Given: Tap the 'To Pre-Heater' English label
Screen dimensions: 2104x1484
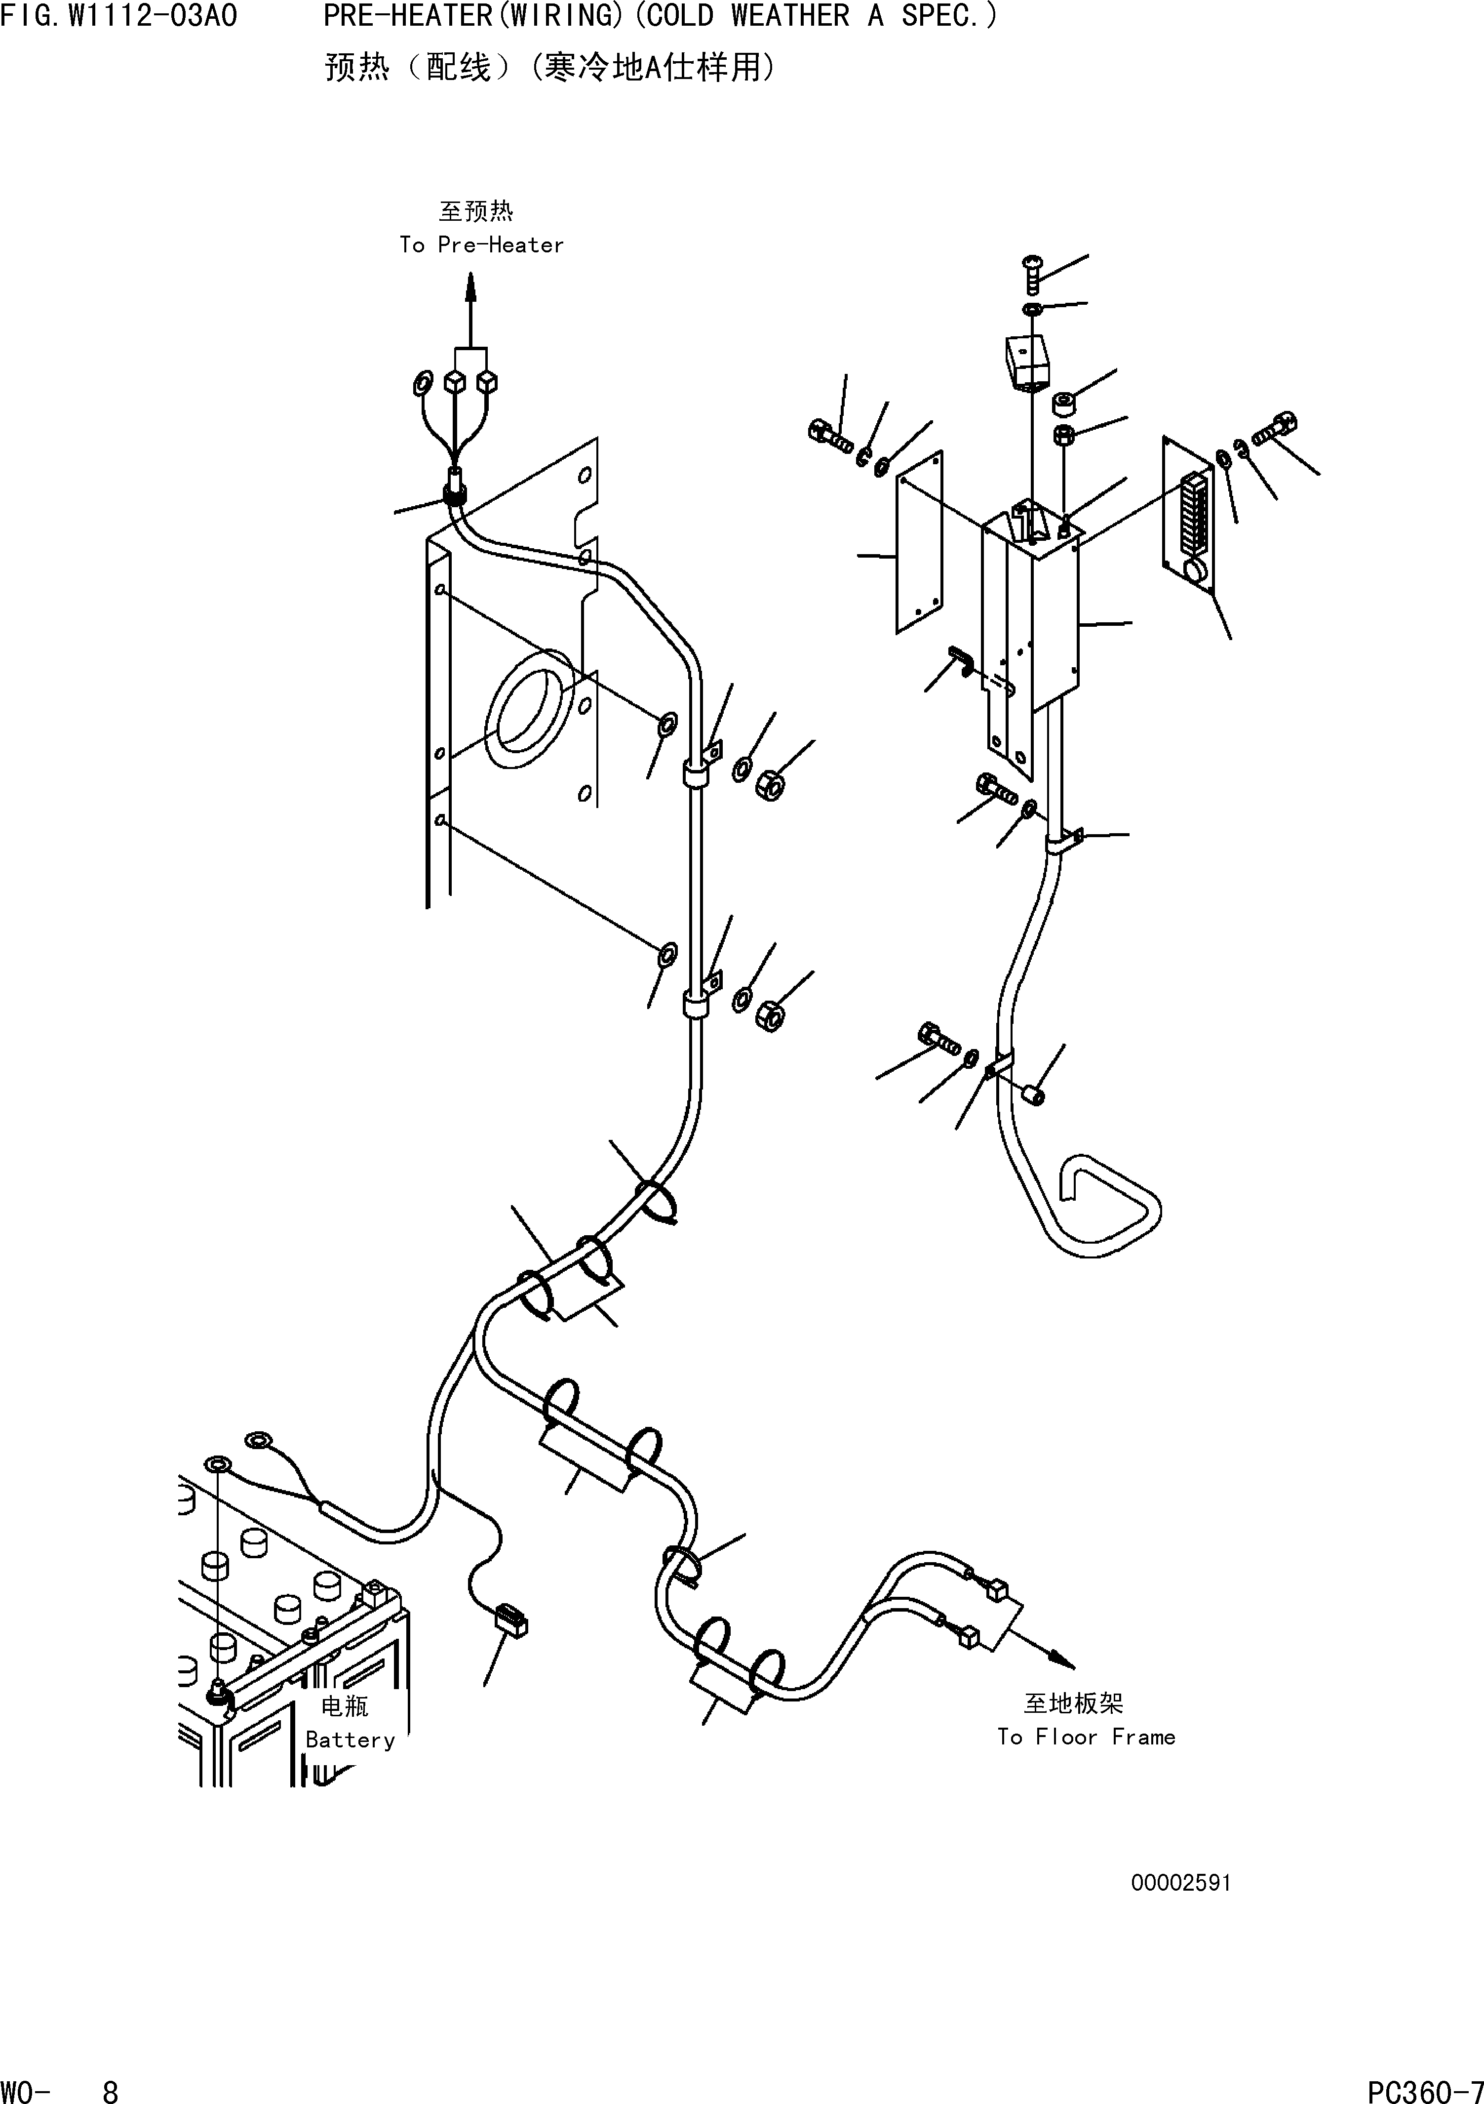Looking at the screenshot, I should pyautogui.click(x=481, y=245).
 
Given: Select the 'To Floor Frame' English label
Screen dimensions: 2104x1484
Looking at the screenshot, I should pyautogui.click(x=1086, y=1737).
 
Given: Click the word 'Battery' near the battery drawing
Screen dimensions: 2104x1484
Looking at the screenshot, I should pyautogui.click(x=350, y=1740).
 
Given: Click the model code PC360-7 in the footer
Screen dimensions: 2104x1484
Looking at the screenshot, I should pyautogui.click(x=1424, y=2086).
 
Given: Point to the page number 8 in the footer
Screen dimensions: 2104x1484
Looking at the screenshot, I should pyautogui.click(x=110, y=2086).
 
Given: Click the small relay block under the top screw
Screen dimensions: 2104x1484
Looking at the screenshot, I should pyautogui.click(x=1026, y=362).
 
